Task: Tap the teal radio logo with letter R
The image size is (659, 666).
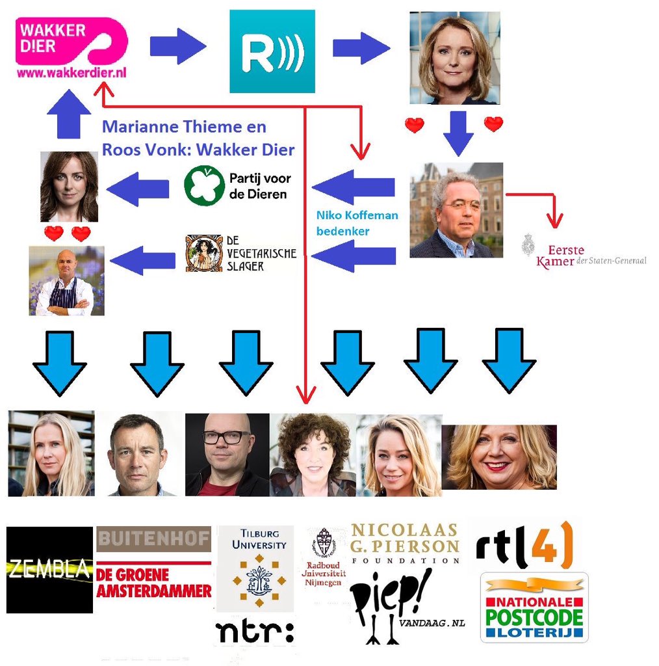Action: (272, 51)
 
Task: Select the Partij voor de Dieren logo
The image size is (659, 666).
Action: (237, 185)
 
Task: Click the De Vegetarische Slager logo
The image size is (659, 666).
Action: (240, 253)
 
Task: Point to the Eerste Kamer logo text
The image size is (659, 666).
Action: (584, 255)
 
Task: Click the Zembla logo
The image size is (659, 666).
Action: (49, 570)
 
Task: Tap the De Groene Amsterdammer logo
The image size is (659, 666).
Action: (153, 582)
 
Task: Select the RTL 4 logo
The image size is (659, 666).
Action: (524, 545)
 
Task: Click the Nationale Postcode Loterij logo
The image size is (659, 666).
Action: (534, 607)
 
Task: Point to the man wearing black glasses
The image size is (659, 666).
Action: (227, 454)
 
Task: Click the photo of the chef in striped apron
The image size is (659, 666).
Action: (66, 281)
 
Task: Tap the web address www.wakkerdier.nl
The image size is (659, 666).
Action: (71, 73)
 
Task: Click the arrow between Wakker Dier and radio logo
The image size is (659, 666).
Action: (177, 46)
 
